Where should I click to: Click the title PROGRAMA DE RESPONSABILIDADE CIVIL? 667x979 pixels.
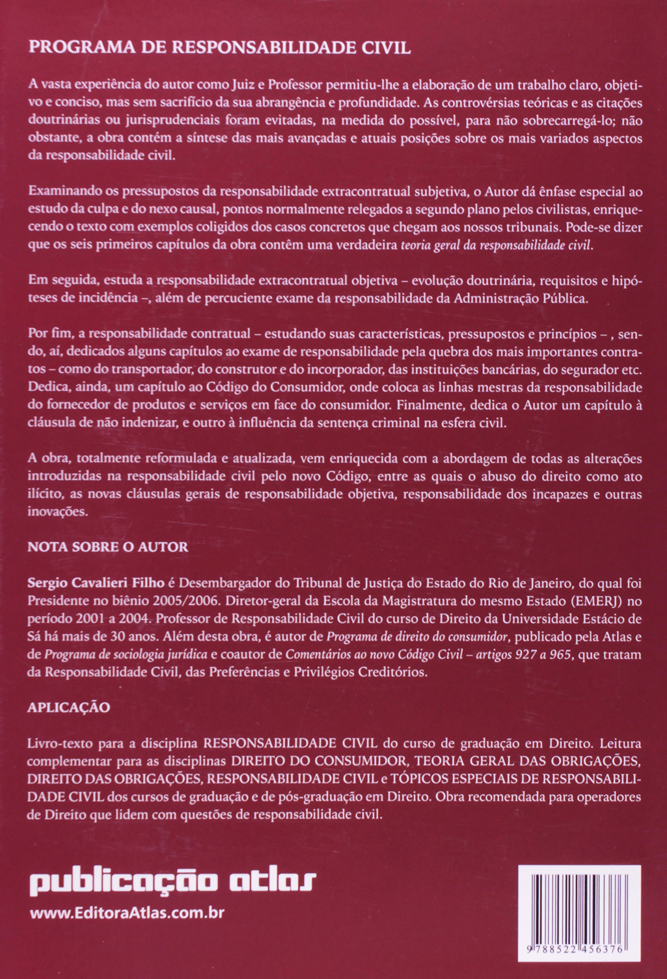(219, 48)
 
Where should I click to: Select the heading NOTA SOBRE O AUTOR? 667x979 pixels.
(107, 547)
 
